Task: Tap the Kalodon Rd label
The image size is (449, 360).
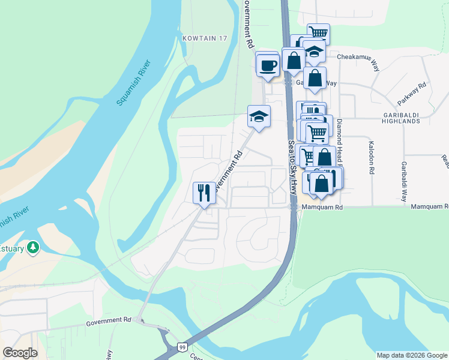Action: pyautogui.click(x=372, y=158)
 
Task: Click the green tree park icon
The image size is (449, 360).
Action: pyautogui.click(x=34, y=247)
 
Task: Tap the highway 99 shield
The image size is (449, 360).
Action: pyautogui.click(x=182, y=347)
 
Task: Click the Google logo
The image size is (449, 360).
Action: pyautogui.click(x=20, y=353)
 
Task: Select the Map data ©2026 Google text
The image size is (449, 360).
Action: pyautogui.click(x=412, y=355)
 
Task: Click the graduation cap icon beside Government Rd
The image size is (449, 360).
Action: pyautogui.click(x=259, y=116)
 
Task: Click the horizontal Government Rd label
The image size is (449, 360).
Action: pyautogui.click(x=108, y=321)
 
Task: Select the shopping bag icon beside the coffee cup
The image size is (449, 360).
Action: pyautogui.click(x=294, y=61)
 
